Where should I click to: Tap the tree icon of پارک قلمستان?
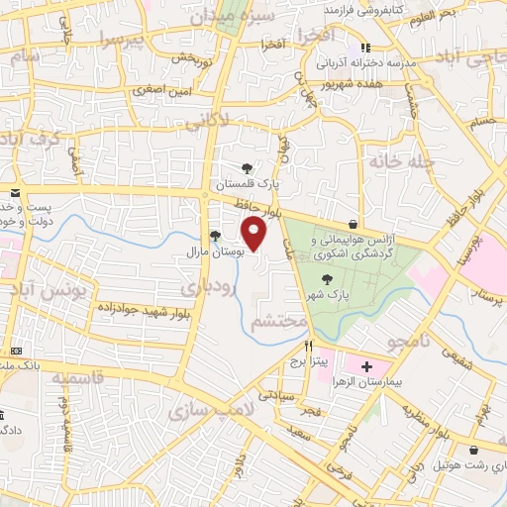coord(247,168)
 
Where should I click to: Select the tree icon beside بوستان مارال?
coord(215,235)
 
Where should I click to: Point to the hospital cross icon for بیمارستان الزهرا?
coord(367,365)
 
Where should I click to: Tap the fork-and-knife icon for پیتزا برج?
coord(308,348)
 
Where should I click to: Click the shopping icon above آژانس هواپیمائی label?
coord(354,224)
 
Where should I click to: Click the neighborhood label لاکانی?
coord(207,123)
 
